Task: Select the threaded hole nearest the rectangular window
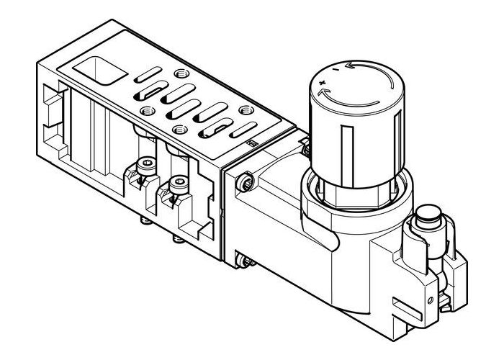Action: click(178, 74)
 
